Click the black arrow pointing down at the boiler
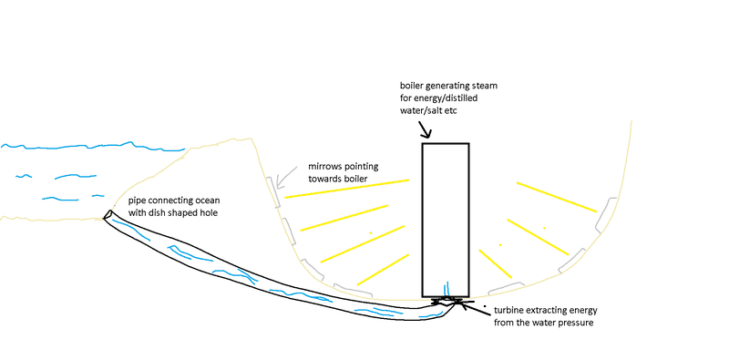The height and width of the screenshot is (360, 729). tap(425, 129)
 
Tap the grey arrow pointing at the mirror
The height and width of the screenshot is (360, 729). tap(286, 177)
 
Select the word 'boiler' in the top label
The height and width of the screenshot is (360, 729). tap(411, 86)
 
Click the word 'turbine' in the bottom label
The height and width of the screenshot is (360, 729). tap(508, 310)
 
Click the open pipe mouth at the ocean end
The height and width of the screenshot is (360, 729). tap(108, 214)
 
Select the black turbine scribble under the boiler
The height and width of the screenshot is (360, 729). tap(447, 301)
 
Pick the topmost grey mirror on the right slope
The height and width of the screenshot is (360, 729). tap(605, 215)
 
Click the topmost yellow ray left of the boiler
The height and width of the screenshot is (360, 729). tap(347, 189)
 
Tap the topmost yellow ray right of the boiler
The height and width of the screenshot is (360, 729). tap(557, 197)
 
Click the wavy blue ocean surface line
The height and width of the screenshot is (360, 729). tap(93, 146)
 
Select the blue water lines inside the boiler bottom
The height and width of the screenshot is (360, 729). tap(447, 288)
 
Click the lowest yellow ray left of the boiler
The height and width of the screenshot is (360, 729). tap(383, 270)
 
